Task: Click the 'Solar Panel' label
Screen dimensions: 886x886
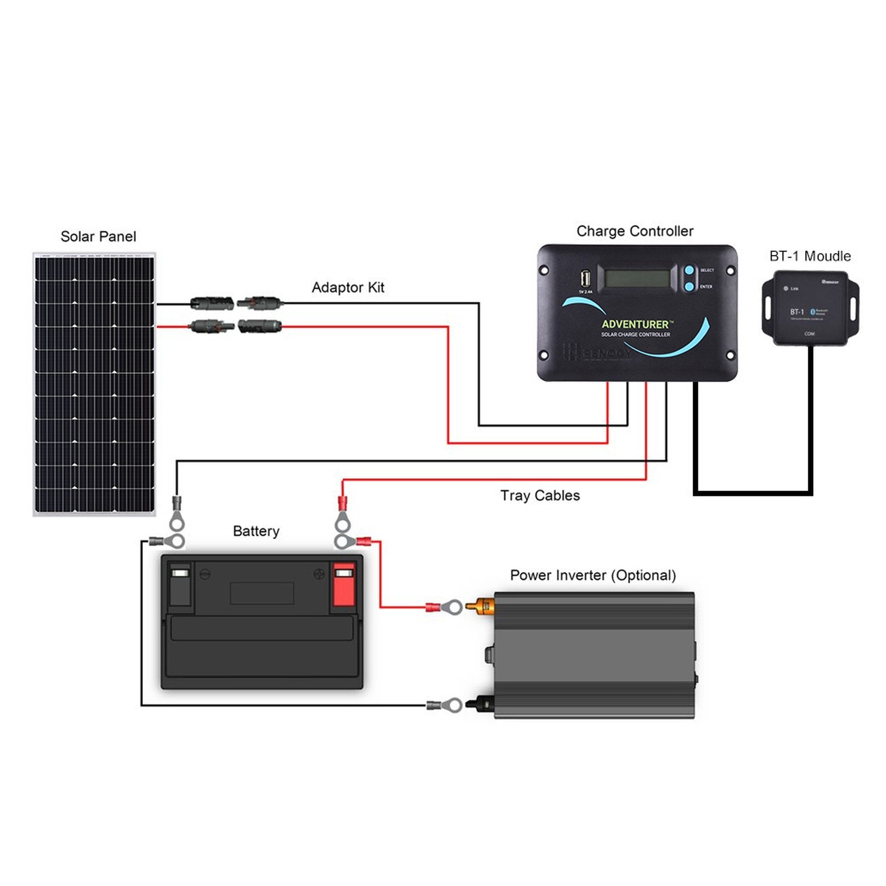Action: (98, 237)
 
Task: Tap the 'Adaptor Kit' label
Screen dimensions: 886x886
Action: (348, 288)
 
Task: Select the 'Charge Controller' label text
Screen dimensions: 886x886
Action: (635, 231)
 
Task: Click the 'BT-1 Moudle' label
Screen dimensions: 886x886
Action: (810, 256)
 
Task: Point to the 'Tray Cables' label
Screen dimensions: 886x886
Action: (540, 495)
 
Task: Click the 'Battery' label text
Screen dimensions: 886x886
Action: (256, 531)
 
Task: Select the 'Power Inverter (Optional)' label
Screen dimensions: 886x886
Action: (593, 575)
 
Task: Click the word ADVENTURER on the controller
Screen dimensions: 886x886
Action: (635, 324)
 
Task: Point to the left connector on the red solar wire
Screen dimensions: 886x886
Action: (212, 327)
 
